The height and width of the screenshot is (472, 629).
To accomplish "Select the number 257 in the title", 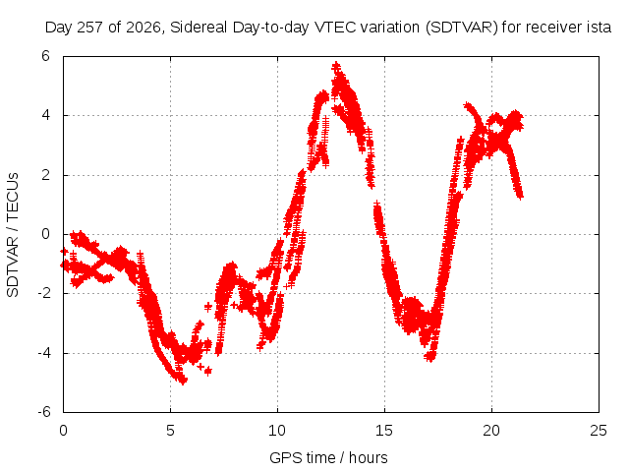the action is [90, 28].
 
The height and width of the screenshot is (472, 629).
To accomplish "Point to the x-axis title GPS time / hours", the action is [328, 457].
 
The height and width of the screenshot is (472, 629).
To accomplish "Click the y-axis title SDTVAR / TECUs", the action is [13, 235].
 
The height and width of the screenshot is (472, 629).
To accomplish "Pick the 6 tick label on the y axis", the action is [45, 56].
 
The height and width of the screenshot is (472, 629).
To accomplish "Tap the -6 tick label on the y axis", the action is [44, 412].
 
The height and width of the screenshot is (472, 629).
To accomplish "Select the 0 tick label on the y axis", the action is [45, 234].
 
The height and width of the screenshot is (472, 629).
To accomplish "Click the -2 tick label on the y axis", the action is [44, 293].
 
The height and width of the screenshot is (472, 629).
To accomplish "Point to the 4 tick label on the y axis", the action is [45, 115].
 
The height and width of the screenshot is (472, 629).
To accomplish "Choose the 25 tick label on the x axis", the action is [599, 431].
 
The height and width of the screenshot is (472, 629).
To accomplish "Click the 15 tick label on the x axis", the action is [384, 431].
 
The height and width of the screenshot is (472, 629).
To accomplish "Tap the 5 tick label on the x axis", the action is [170, 431].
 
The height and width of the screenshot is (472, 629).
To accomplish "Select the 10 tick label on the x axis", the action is [277, 431].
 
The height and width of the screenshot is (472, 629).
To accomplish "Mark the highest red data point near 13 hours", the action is [336, 66].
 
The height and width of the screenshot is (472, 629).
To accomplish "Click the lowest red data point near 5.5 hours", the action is [183, 381].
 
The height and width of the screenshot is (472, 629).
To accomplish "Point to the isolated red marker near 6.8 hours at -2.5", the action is [207, 307].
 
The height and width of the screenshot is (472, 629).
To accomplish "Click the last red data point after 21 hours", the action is [520, 196].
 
